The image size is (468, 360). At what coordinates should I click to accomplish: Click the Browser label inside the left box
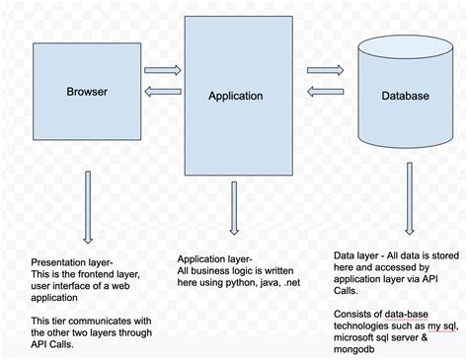(86, 93)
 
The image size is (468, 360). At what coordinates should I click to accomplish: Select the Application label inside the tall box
(235, 96)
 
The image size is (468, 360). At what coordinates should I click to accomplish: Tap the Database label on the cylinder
(405, 96)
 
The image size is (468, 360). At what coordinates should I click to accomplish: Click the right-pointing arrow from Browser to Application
(162, 70)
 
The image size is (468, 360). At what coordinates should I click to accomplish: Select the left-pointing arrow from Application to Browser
(162, 93)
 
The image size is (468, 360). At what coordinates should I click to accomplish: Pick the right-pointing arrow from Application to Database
(324, 70)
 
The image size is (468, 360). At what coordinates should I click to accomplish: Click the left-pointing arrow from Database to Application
(324, 92)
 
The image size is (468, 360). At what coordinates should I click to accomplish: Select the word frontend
(93, 274)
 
